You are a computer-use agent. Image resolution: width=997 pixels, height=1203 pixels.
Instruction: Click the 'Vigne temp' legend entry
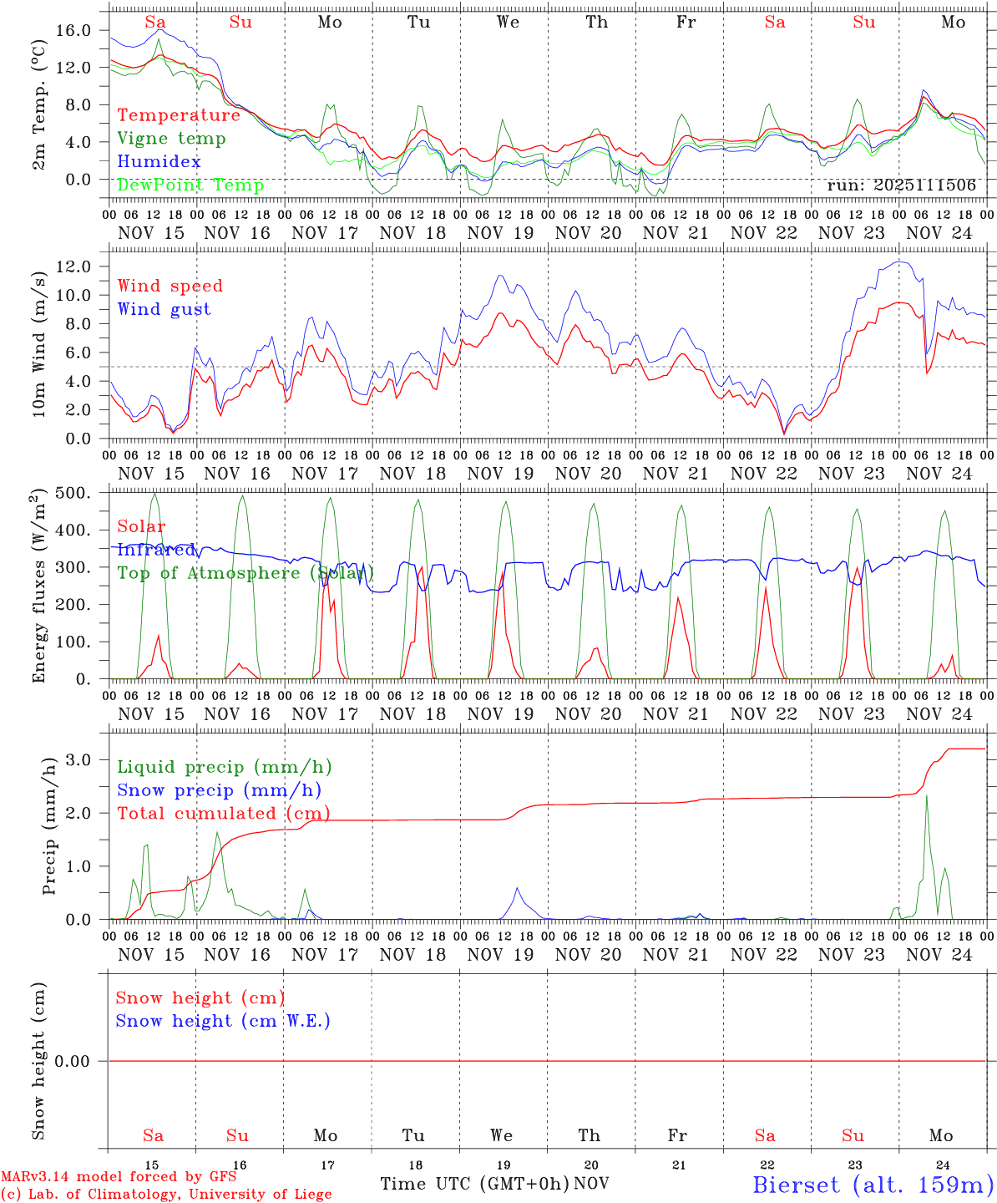click(x=171, y=139)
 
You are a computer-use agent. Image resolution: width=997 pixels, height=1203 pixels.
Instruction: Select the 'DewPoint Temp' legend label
click(x=190, y=185)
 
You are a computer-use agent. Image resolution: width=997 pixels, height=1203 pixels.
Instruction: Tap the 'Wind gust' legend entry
click(x=164, y=309)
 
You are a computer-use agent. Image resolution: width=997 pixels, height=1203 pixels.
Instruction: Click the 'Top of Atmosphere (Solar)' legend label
click(x=245, y=573)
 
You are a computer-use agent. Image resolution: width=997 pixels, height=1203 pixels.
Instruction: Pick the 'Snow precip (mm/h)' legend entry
click(x=219, y=790)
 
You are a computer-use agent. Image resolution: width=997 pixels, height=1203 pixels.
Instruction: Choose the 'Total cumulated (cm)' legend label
click(x=223, y=813)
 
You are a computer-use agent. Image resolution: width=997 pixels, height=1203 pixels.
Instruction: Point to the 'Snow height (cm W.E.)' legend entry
click(x=223, y=1021)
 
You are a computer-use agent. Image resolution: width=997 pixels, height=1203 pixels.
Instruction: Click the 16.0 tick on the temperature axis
click(x=73, y=30)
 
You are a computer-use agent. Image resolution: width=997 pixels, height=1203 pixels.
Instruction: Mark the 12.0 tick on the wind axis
click(x=73, y=266)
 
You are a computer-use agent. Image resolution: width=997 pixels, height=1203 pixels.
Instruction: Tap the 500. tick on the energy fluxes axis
click(x=73, y=493)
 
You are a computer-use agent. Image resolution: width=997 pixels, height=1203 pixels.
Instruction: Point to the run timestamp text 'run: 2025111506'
click(x=901, y=185)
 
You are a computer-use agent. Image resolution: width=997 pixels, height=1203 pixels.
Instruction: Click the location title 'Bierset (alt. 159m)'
click(x=873, y=1184)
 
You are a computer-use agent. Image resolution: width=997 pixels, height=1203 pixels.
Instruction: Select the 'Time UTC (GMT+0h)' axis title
click(x=475, y=1184)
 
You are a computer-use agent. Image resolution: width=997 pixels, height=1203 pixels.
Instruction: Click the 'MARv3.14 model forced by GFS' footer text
click(x=119, y=1177)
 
